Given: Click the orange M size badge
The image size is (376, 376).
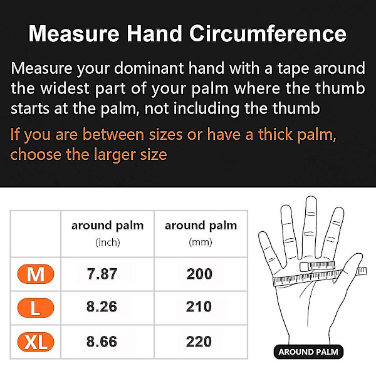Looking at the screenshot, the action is (x=36, y=274).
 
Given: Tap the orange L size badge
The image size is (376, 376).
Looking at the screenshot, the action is (x=36, y=308).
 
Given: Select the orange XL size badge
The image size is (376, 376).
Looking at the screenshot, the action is (x=36, y=342).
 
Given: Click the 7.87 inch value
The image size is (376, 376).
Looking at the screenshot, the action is (x=102, y=274).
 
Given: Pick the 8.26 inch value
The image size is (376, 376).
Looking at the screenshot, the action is (x=102, y=306).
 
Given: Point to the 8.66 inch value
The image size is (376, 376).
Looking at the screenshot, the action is (x=102, y=342).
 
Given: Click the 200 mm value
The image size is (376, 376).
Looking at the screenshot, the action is (x=199, y=274).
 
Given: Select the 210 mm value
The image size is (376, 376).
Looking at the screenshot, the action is (x=199, y=306).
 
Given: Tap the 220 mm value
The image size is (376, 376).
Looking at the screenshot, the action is (x=199, y=342).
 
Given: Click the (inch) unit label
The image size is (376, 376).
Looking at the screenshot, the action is (x=108, y=242).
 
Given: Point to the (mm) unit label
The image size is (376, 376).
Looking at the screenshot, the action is (x=201, y=242).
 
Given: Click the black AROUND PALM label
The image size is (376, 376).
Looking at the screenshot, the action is (x=308, y=352).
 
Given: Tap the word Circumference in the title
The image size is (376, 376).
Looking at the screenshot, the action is (x=268, y=34).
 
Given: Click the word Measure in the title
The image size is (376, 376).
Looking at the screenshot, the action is (x=74, y=34).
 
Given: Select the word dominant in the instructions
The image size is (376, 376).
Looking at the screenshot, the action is (x=149, y=68).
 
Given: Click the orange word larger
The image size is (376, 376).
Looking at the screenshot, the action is (x=115, y=155).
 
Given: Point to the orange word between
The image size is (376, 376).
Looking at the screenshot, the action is (x=113, y=134).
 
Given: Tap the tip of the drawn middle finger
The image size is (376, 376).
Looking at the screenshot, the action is (x=311, y=197).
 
